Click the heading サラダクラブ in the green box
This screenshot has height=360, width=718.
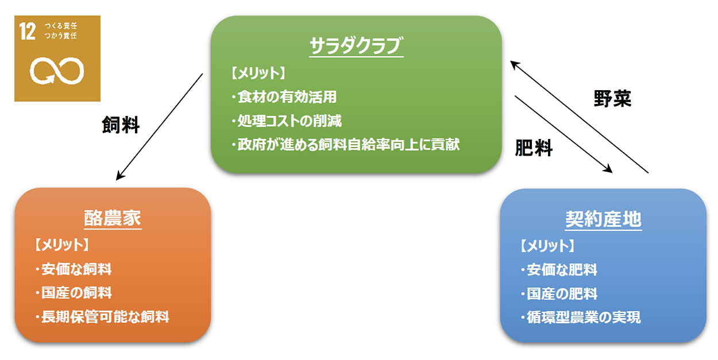(x=356, y=46)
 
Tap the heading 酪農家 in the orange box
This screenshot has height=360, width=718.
(x=113, y=218)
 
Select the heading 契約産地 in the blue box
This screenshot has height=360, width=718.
(x=603, y=219)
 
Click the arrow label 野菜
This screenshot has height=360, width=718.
(x=612, y=98)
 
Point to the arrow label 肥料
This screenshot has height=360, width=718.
(x=534, y=148)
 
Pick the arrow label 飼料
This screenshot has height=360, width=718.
(x=121, y=125)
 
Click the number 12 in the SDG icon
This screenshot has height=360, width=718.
(x=28, y=32)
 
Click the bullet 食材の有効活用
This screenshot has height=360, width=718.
(x=284, y=96)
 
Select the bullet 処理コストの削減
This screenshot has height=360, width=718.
(x=287, y=121)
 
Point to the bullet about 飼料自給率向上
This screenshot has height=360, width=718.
(x=346, y=145)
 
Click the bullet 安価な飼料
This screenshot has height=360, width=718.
(x=74, y=269)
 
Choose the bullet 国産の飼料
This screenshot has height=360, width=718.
(x=74, y=293)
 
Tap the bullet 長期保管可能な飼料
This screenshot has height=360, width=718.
(x=102, y=317)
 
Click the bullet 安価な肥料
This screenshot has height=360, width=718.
(x=559, y=270)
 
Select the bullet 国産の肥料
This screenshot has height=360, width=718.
(x=559, y=294)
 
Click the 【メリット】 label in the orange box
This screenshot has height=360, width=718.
(x=61, y=245)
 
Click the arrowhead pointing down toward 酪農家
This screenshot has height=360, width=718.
(x=119, y=175)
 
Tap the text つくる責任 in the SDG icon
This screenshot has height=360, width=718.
(x=61, y=26)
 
